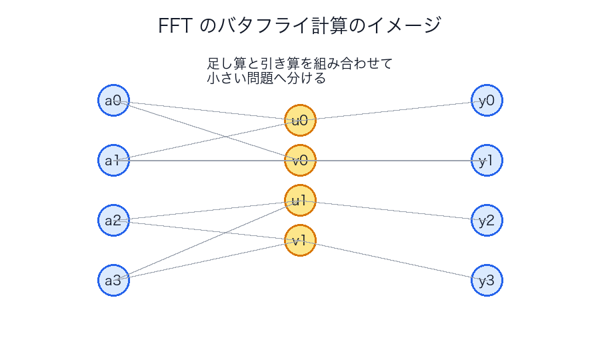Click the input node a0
pos(113,101)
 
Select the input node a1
pos(113,160)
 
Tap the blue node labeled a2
pos(113,221)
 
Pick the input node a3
pos(113,280)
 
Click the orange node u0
pos(300,121)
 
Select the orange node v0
pos(300,160)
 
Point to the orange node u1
pos(300,200)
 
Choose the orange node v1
pos(300,240)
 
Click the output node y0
pos(487,101)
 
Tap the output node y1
pos(487,160)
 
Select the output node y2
pos(487,221)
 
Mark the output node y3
pos(487,280)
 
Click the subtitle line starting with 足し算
pos(299,64)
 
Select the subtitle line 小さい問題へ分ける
pos(266,78)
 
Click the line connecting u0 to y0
pos(393,111)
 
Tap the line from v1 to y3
pos(393,260)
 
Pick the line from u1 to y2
pos(393,210)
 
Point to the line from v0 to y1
pos(393,160)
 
